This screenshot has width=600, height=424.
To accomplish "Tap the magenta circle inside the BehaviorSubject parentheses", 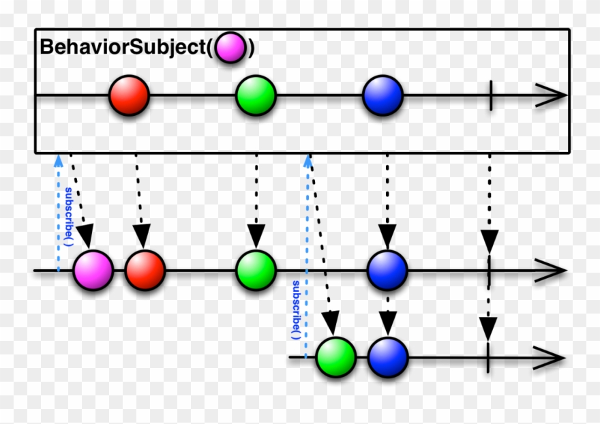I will [231, 48].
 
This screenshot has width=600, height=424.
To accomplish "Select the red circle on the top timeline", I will [129, 96].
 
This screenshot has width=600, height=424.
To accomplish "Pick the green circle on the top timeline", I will [256, 96].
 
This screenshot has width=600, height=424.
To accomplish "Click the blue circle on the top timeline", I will [382, 96].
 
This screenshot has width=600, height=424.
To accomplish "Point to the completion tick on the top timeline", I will [490, 96].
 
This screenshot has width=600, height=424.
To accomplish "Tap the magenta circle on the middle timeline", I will [93, 271].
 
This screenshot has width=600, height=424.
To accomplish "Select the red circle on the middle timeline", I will [145, 271].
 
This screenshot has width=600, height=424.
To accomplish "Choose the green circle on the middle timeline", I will [256, 271].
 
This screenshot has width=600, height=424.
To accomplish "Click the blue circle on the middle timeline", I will [387, 271].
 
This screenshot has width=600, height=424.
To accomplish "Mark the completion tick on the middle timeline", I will [489, 271].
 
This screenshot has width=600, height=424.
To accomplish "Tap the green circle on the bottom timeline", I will [336, 357].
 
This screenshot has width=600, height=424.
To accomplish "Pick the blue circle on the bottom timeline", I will [388, 357].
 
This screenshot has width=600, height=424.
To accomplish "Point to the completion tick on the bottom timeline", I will [488, 357].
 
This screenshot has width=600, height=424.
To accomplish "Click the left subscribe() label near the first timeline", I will [69, 215].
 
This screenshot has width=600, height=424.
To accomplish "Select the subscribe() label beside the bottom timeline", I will [296, 310].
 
